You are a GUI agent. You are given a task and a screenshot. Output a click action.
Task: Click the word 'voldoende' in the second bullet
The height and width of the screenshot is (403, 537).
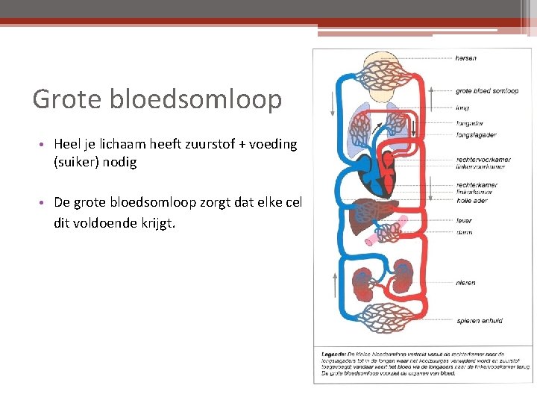(x=104, y=222)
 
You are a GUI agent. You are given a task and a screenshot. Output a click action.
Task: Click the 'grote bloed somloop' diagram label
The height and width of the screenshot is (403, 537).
(x=487, y=91)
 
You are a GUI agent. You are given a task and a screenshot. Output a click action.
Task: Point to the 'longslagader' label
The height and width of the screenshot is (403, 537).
(x=476, y=135)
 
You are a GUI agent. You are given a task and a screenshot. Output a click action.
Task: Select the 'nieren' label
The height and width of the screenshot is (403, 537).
(x=465, y=283)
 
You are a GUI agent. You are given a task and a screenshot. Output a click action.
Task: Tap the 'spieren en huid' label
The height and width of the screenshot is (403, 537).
(x=479, y=321)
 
